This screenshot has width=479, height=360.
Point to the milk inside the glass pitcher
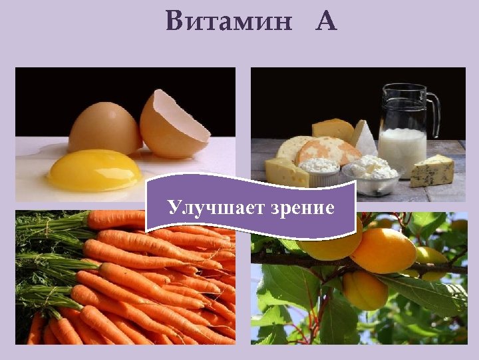[x=402, y=147]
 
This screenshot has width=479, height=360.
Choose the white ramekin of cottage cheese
[x=319, y=171]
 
